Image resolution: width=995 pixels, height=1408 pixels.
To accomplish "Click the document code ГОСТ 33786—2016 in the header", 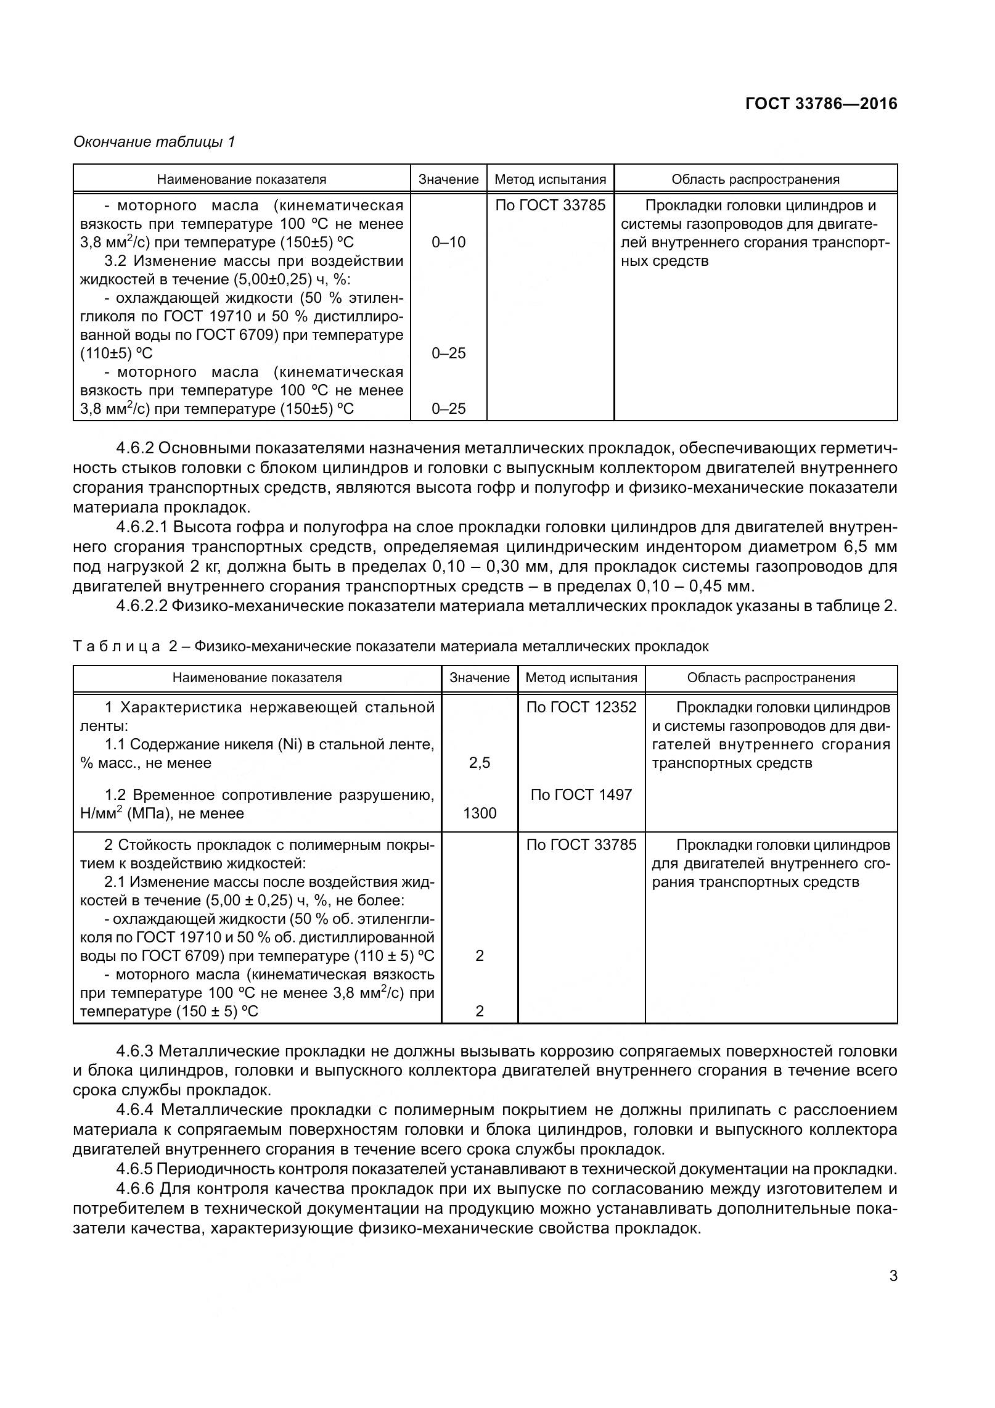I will coord(821,104).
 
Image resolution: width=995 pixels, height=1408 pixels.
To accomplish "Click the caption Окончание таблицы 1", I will coord(154,142).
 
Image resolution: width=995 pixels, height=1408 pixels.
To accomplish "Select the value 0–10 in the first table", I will coord(448,242).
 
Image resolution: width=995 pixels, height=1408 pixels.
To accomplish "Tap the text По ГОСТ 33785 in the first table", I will coord(551,205).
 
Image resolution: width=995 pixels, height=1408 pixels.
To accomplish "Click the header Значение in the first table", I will coord(448,179).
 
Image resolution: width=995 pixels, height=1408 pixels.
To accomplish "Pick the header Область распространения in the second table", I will coord(771,678).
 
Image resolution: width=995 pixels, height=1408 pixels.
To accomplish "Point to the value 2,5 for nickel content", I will coord(479,763).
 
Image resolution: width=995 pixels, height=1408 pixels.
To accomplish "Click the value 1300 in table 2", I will coord(479,813).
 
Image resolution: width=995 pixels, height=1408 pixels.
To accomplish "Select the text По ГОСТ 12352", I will coord(581,707).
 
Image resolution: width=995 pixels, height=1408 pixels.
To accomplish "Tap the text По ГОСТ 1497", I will coord(581,794).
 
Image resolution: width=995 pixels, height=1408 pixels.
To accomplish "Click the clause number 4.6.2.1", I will coord(144,527).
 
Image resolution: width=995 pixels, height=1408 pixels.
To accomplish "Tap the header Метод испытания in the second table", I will coord(581,678).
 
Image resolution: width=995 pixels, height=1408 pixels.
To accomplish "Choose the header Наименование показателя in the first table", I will coord(241,179).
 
